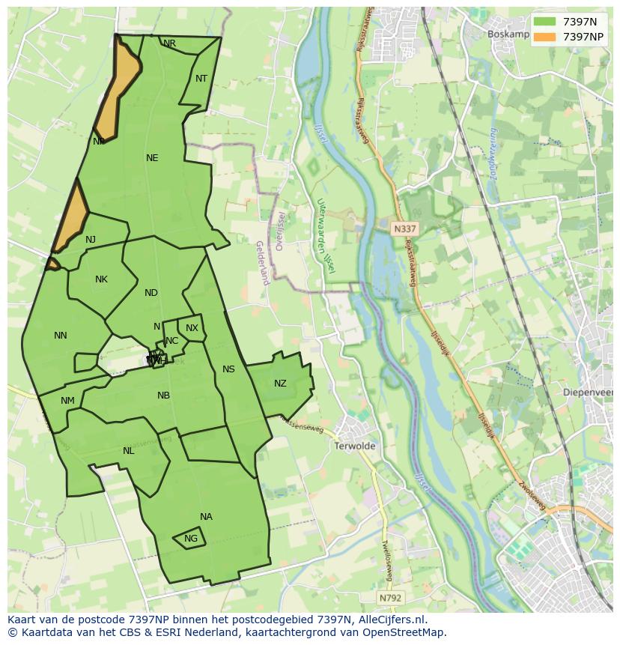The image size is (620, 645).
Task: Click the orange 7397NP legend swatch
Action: pos(545,37)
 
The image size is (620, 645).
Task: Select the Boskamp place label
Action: pos(508,34)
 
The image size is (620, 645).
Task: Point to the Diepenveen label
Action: pos(591,392)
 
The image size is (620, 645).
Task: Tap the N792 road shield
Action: pos(390,598)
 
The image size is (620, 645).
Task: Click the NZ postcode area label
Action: pos(280,384)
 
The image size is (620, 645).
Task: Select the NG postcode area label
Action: pos(191,539)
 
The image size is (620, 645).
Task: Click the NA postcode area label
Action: pos(206,517)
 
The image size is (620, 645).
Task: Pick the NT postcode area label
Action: pos(201,79)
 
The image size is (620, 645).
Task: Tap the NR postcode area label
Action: pos(170,44)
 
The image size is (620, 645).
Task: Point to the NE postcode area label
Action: pos(152,158)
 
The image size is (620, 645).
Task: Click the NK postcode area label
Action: pos(101,279)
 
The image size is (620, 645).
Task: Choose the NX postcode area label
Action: pos(192,328)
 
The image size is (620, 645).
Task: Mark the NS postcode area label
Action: pos(228,369)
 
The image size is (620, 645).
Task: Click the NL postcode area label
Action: pos(128,451)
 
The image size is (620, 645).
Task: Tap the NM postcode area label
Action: pos(67,401)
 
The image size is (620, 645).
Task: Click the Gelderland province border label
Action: pos(262,263)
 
